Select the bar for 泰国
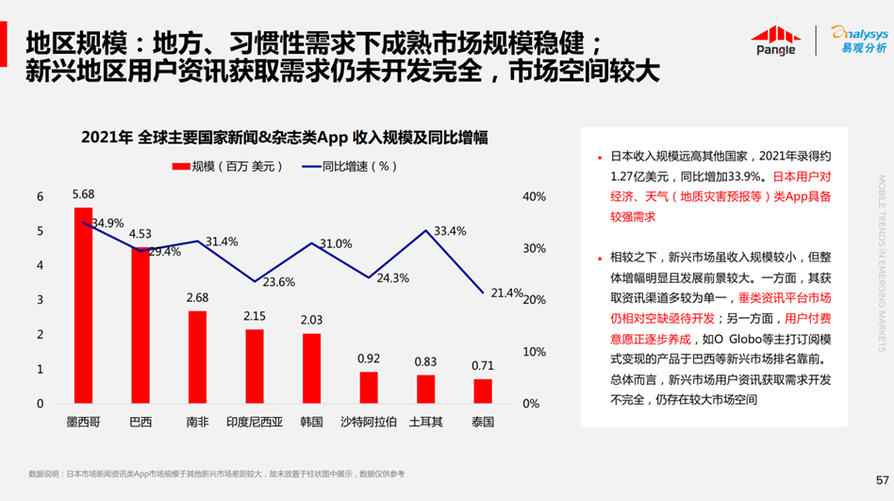[483, 392]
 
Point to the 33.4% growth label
[450, 230]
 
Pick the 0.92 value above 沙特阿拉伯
[369, 359]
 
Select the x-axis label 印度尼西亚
[255, 422]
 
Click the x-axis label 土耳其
[425, 422]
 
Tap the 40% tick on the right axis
[533, 196]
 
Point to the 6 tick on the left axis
[41, 196]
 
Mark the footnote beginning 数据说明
[216, 473]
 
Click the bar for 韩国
[311, 368]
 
